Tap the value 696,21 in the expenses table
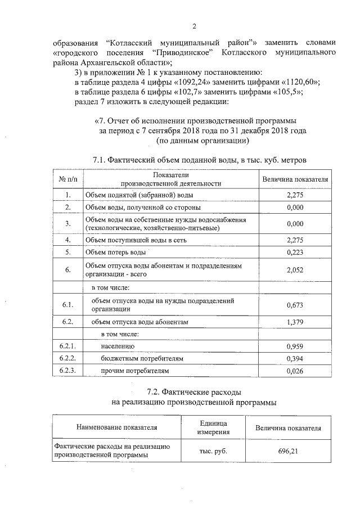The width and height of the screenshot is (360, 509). point(287,451)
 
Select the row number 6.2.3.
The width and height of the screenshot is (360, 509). point(67,371)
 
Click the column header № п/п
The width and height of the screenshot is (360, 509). point(67,179)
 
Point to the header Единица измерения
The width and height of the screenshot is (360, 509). point(213,427)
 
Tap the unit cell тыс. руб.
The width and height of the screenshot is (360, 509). point(213,451)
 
